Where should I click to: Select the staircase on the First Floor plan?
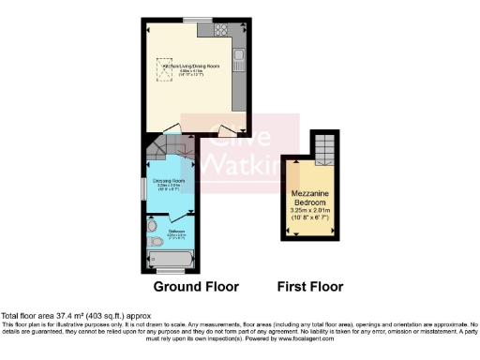click(x=322, y=145)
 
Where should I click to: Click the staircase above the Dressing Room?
click(x=171, y=147)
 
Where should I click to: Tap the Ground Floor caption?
click(x=197, y=286)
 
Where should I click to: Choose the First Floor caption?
click(x=310, y=286)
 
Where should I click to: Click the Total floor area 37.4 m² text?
click(x=75, y=316)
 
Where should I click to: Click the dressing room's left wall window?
click(x=144, y=187)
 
